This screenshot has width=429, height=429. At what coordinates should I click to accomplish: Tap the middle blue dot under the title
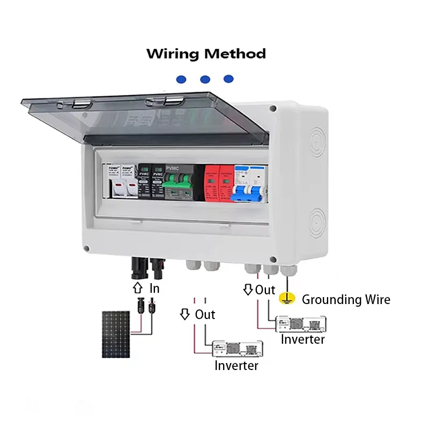205,79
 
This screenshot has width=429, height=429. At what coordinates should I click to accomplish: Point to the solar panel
116,335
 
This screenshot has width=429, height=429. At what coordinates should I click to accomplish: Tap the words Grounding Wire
346,299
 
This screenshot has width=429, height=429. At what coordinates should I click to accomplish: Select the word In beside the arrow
154,289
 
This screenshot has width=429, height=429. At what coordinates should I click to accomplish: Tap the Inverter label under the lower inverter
236,366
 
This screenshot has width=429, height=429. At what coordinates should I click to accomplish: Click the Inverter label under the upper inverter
302,339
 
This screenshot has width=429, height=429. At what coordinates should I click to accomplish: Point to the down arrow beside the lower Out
185,314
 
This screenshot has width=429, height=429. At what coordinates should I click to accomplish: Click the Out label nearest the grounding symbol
265,290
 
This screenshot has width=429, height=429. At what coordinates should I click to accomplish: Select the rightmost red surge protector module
226,184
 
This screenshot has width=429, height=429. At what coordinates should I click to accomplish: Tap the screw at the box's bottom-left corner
86,248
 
